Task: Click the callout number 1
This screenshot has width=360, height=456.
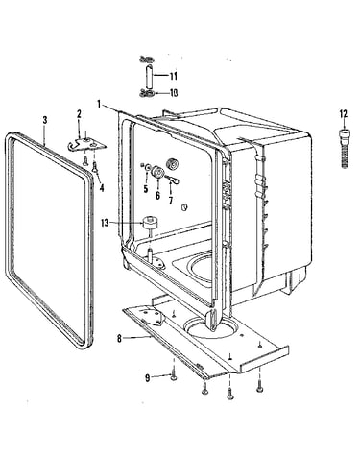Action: coord(100,105)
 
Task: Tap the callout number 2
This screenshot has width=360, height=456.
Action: coord(79,114)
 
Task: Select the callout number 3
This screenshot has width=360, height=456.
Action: coord(45,120)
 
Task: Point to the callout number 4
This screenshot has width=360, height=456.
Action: coord(102,188)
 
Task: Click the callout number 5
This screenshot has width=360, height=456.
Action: coord(146,189)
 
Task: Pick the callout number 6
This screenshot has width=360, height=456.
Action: coord(157,195)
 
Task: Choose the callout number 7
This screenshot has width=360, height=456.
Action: coord(171,201)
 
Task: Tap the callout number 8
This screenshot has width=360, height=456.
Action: coord(119,338)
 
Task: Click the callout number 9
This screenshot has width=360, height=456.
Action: coord(148,378)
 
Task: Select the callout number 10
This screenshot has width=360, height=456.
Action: coord(173,93)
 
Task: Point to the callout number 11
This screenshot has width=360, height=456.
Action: coord(173,76)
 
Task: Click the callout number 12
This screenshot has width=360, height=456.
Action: coord(344,114)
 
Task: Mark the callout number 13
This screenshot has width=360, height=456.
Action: coord(105,223)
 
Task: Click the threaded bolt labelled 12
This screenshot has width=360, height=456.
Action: coord(344,148)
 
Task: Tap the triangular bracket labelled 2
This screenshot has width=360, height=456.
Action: coord(86,144)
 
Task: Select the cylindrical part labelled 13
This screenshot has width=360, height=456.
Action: coord(148,222)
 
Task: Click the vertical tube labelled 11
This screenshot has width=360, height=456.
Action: coord(149,77)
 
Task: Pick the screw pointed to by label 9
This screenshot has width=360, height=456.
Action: coord(174,375)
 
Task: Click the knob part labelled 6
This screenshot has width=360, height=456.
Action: coord(157,172)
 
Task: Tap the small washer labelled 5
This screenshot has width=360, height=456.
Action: coord(148,167)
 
